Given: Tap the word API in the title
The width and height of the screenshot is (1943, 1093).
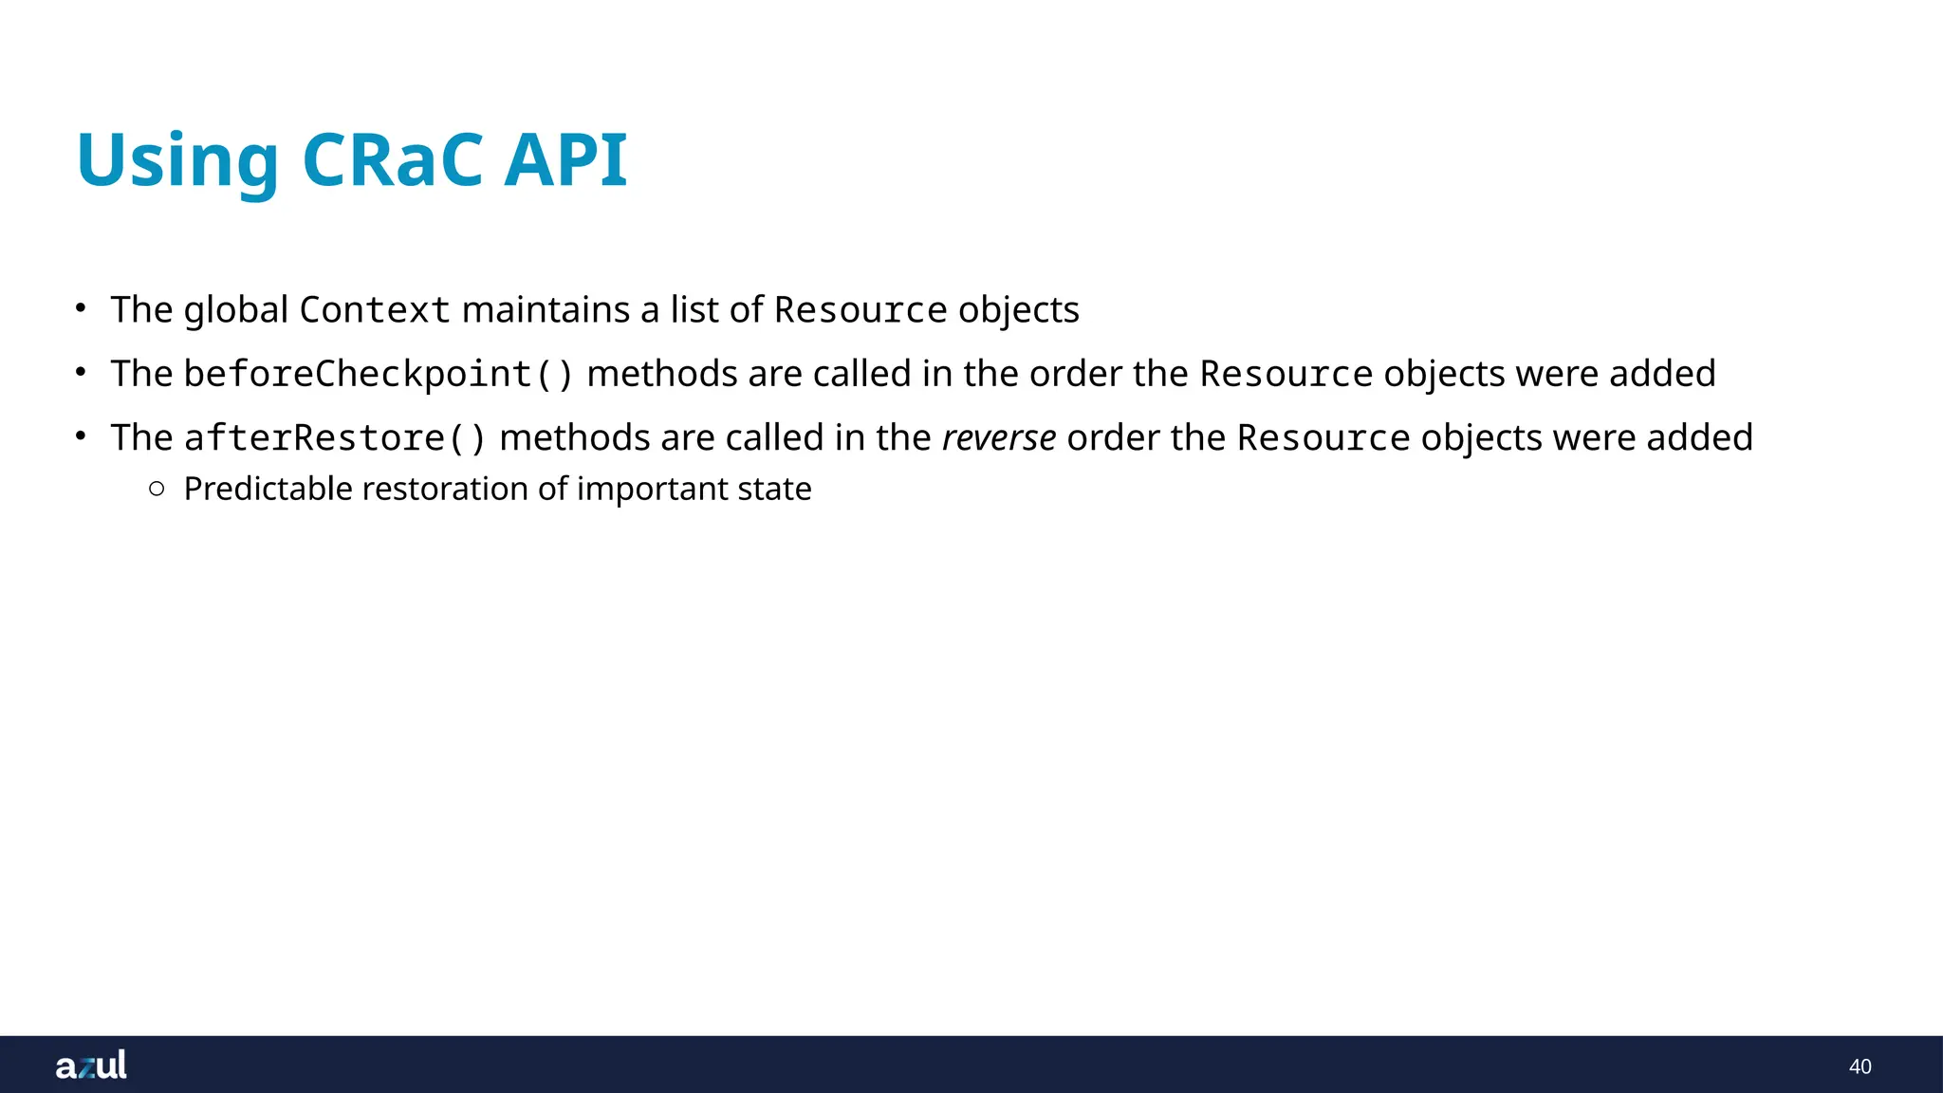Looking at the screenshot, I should [x=565, y=159].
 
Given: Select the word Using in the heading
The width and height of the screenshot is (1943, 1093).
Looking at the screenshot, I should [x=177, y=161].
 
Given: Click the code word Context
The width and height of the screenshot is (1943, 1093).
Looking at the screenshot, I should [x=375, y=310].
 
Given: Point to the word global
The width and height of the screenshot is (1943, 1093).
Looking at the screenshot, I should [x=235, y=310].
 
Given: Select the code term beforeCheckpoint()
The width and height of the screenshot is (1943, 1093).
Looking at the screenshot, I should [x=379, y=374].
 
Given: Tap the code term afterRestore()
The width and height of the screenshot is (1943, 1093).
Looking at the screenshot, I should [x=335, y=438].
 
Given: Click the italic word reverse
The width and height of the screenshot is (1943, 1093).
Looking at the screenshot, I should [x=998, y=438].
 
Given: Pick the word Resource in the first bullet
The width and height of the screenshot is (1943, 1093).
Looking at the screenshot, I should [x=860, y=310].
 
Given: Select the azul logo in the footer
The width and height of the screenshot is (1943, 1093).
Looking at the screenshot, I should [x=91, y=1065].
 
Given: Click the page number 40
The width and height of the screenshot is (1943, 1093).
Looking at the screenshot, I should [x=1860, y=1066].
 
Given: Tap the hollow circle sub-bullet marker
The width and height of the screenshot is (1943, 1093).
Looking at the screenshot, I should [x=157, y=489].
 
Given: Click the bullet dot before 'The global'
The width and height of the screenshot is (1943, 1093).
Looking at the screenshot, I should [x=82, y=307].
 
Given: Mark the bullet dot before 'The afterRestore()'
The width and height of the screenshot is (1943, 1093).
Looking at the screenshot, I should [x=82, y=435].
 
